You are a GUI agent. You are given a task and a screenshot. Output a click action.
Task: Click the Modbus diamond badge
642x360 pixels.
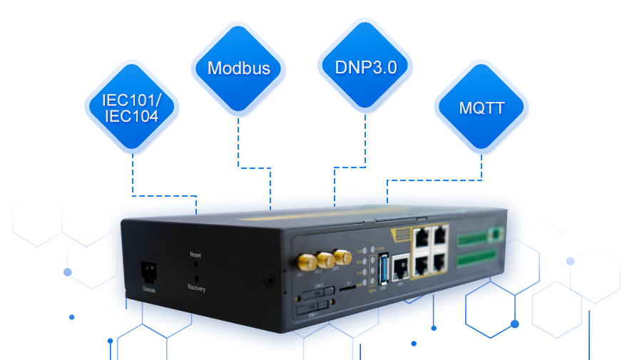[x=238, y=68]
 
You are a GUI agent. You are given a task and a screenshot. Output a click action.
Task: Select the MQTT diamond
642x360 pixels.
[x=481, y=108]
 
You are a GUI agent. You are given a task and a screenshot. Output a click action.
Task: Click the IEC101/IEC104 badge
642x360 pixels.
[x=131, y=108]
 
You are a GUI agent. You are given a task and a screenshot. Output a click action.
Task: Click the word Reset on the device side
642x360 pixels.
[x=196, y=254]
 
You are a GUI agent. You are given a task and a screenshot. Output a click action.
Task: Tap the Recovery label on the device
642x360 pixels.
[x=197, y=288]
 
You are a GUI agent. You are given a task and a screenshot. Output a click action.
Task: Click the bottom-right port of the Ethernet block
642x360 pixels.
[x=440, y=261]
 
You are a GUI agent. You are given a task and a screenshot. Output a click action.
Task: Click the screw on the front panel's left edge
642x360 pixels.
[x=270, y=280]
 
